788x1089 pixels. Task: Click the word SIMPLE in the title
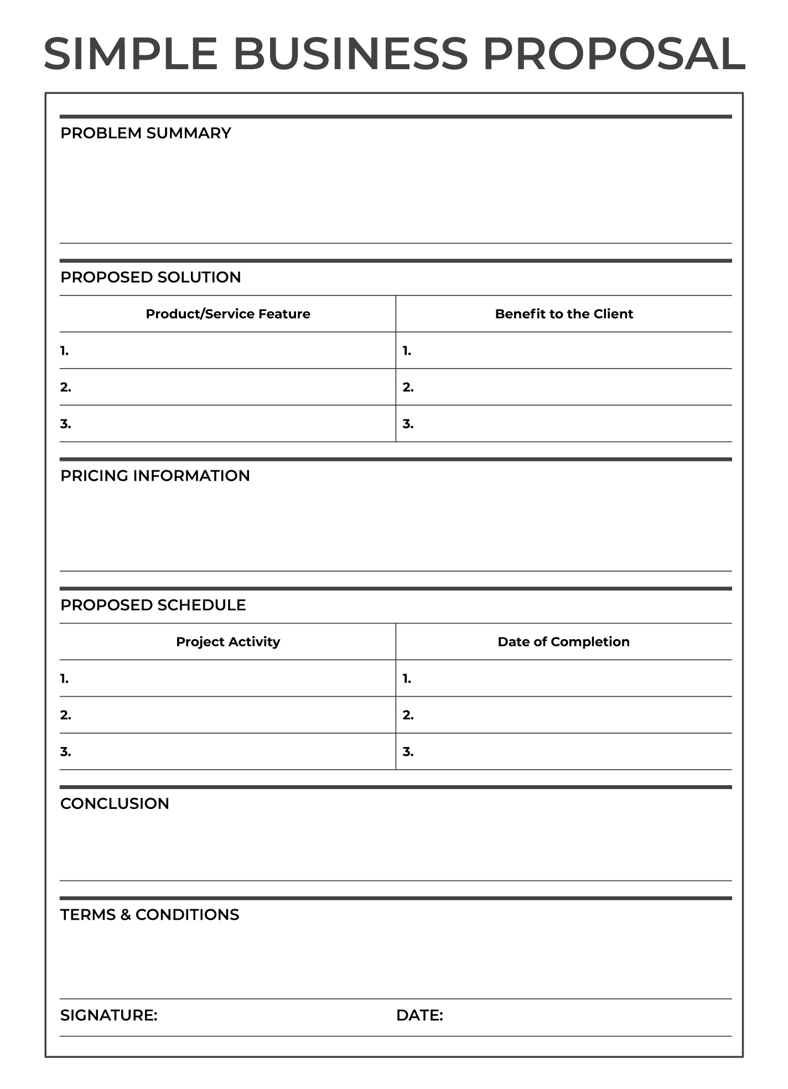pyautogui.click(x=131, y=54)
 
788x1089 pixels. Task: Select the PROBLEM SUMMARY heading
pyautogui.click(x=146, y=133)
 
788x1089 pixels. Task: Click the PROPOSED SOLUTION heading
pyautogui.click(x=151, y=277)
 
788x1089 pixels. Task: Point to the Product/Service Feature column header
pyautogui.click(x=228, y=314)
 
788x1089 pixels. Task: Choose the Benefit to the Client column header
pyautogui.click(x=564, y=314)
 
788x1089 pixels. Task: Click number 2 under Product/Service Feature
pyautogui.click(x=66, y=387)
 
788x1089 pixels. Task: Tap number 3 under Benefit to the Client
pyautogui.click(x=408, y=424)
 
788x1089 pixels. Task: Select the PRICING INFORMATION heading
pyautogui.click(x=155, y=476)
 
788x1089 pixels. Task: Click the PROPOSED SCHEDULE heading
pyautogui.click(x=153, y=605)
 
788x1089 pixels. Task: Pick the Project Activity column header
pyautogui.click(x=228, y=642)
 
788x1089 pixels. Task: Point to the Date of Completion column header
pyautogui.click(x=563, y=642)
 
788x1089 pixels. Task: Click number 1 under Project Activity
pyautogui.click(x=65, y=678)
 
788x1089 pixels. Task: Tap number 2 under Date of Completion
pyautogui.click(x=408, y=715)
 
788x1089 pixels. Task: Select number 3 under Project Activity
pyautogui.click(x=66, y=751)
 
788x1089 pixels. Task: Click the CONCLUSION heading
pyautogui.click(x=115, y=803)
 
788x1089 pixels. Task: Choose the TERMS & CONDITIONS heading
pyautogui.click(x=149, y=915)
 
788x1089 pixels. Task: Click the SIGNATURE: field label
pyautogui.click(x=109, y=1015)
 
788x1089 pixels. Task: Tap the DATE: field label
pyautogui.click(x=419, y=1015)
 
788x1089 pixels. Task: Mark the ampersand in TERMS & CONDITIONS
pyautogui.click(x=126, y=915)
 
